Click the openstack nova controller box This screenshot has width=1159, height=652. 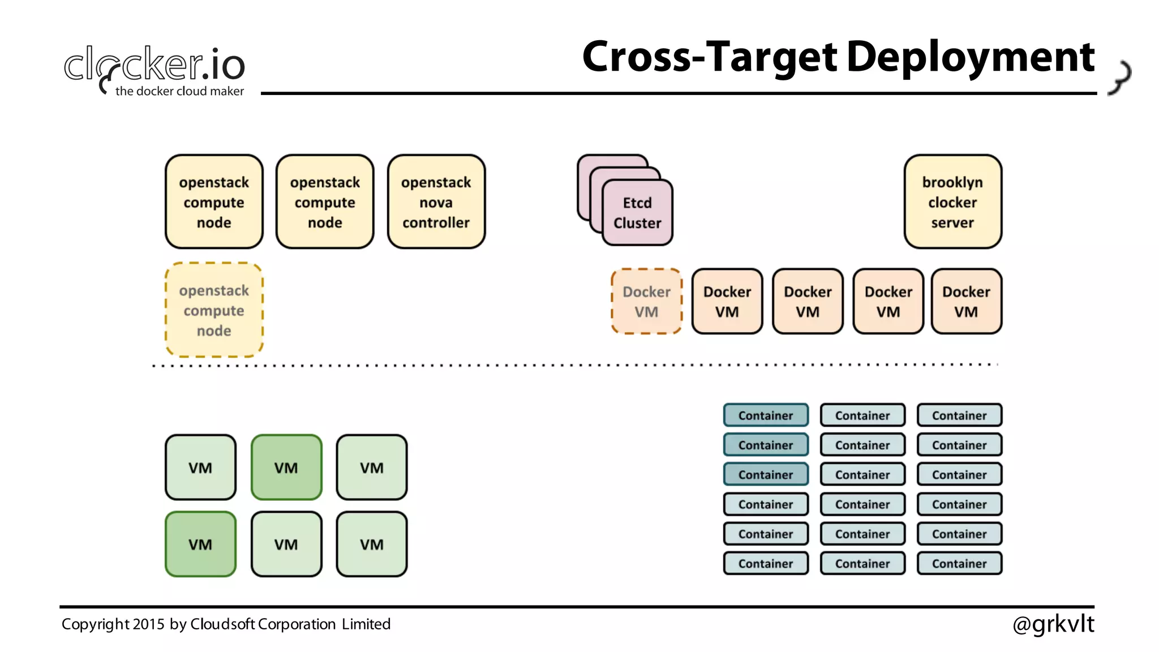point(436,201)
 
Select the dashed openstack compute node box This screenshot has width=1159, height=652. point(214,310)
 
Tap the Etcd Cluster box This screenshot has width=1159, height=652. point(637,213)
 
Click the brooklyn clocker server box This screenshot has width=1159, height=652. point(952,201)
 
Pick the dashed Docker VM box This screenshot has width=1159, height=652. point(646,301)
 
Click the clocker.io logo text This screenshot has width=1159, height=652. point(154,63)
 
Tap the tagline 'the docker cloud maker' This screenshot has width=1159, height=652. point(179,91)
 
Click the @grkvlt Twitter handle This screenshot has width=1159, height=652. point(1053,624)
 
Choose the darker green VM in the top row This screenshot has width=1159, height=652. point(286,467)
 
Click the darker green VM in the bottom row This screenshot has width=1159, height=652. point(200,544)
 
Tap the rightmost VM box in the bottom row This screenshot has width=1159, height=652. point(372,544)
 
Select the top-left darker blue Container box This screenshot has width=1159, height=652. point(766,415)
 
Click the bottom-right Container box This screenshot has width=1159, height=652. point(959,563)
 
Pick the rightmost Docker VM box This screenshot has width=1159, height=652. point(966,301)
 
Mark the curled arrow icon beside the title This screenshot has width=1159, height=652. point(1120,77)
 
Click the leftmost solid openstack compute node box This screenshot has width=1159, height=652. point(214,201)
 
